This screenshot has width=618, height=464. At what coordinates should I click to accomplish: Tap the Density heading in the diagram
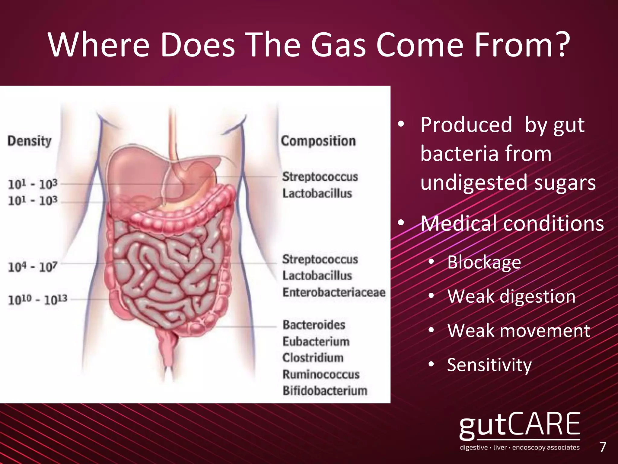30,141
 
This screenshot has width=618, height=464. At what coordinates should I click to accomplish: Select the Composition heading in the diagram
318,141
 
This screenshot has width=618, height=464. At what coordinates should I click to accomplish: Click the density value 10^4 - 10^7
33,267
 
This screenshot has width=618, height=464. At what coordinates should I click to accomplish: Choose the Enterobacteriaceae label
334,292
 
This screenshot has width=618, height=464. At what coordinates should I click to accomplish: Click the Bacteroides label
314,325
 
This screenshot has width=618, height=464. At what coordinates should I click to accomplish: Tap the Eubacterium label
316,341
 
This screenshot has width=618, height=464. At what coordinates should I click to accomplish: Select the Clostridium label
313,358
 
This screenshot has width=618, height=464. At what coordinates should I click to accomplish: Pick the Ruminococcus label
321,374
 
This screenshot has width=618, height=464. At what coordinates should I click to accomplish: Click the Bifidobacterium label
325,391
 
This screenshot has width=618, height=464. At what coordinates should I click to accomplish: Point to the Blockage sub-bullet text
484,262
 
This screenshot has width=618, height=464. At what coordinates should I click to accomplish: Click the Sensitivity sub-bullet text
489,365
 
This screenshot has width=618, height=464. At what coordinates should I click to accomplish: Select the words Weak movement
518,330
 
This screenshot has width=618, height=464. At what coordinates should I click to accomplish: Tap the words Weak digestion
511,296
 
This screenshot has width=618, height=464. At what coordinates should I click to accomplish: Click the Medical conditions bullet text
512,224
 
